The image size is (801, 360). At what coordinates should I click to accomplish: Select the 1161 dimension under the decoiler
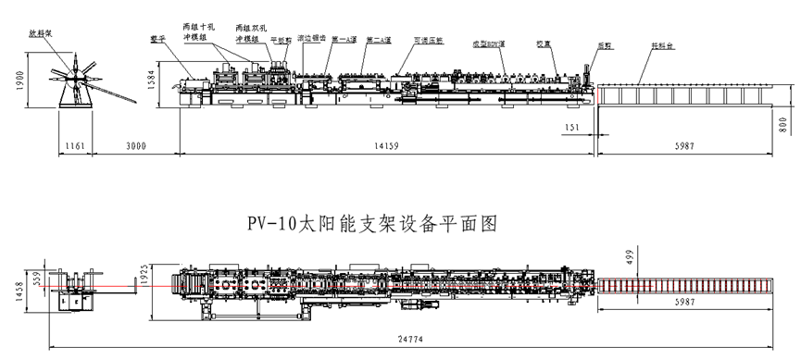click(75, 144)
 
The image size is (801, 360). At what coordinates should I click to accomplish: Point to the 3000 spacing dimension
click(134, 144)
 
